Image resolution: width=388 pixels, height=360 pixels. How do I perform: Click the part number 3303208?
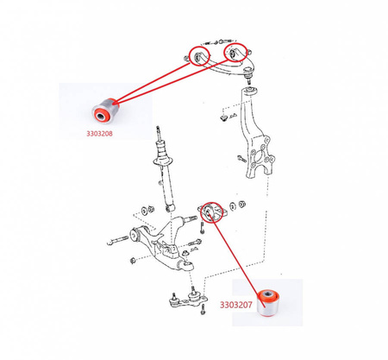pyautogui.click(x=99, y=134)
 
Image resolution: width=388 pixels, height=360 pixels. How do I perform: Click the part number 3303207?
pyautogui.click(x=236, y=305)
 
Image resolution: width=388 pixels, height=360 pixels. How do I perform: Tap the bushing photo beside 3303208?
pyautogui.click(x=105, y=111)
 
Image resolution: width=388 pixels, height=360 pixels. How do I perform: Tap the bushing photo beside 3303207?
pyautogui.click(x=268, y=304)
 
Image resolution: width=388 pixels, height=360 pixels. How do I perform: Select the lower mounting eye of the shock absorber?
pyautogui.click(x=171, y=207)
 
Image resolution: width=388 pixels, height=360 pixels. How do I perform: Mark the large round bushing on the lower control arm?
pyautogui.click(x=135, y=235)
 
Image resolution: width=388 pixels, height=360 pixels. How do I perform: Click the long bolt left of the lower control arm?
pyautogui.click(x=117, y=240)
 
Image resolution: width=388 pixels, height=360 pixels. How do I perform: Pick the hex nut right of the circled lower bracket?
pyautogui.click(x=242, y=204)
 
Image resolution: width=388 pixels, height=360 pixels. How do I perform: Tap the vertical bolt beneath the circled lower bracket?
pyautogui.click(x=202, y=228)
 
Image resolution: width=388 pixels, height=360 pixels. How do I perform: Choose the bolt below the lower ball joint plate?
pyautogui.click(x=203, y=310)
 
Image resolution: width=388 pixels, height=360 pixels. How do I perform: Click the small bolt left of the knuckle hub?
pyautogui.click(x=241, y=158)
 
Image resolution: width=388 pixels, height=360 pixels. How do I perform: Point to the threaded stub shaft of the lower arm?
pyautogui.click(x=191, y=219)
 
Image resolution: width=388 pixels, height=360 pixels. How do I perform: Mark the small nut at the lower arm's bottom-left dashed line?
pyautogui.click(x=133, y=261)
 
